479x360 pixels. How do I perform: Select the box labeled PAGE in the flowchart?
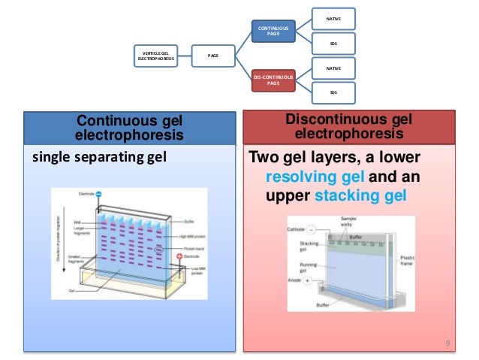(214, 54)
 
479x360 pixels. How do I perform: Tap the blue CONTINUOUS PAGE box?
(273, 32)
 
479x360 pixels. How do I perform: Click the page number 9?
(447, 343)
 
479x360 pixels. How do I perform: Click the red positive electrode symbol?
(179, 256)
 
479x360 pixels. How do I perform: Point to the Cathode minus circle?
(319, 228)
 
